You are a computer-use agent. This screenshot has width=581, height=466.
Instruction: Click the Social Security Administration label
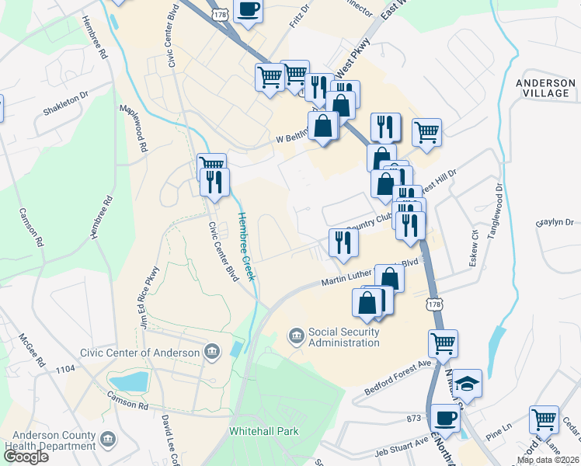[x=343, y=337]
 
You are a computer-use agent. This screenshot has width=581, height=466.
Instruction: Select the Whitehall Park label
[x=263, y=430]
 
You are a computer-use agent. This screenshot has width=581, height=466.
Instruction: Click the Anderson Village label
[x=542, y=87]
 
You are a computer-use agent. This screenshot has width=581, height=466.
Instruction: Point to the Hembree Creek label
[x=246, y=247]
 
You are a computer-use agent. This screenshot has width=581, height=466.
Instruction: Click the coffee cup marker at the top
[x=249, y=10]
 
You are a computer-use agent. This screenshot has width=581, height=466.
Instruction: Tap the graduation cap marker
[x=468, y=383]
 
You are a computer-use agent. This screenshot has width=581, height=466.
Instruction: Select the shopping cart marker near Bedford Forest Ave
[x=443, y=343]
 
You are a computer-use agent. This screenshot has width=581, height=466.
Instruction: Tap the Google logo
[x=26, y=457]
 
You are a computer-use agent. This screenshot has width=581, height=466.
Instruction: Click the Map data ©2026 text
[x=548, y=460]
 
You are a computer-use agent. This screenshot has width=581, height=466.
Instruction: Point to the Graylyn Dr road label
[x=554, y=223]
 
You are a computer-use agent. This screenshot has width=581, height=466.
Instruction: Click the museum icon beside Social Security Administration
[x=296, y=336]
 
